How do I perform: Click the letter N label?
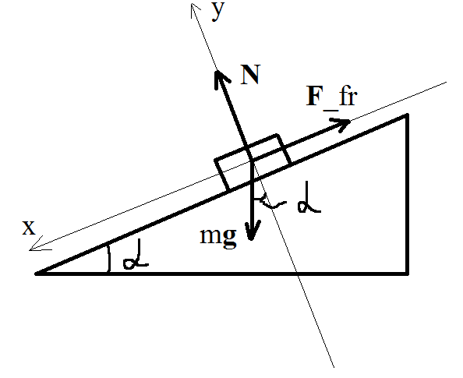coord(250,75)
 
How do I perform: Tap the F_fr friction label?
coord(332,97)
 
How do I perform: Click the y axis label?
coord(218,11)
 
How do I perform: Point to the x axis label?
coord(29,228)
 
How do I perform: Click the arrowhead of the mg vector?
coord(251,231)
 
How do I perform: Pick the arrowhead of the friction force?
coord(341,124)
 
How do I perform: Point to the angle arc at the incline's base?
coord(110,257)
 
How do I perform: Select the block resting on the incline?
coord(253,162)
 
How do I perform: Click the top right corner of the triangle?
coord(408,115)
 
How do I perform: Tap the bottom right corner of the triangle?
coord(408,274)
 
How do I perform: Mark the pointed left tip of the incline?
coord(36,274)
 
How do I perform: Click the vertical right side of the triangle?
coord(408,194)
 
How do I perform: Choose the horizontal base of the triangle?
coord(221,274)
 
